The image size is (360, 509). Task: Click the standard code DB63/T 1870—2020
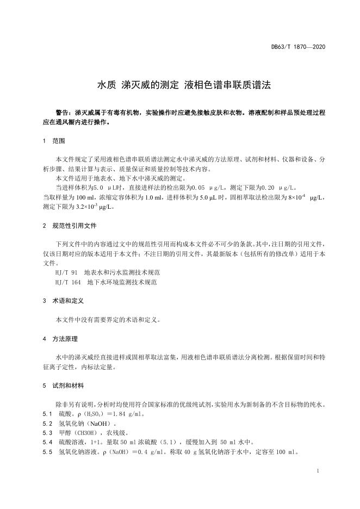(x=299, y=47)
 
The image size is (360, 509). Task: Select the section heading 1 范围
(x=54, y=141)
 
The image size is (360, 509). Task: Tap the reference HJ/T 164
(x=69, y=282)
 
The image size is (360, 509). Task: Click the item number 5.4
(x=47, y=442)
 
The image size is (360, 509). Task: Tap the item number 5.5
(x=47, y=452)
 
